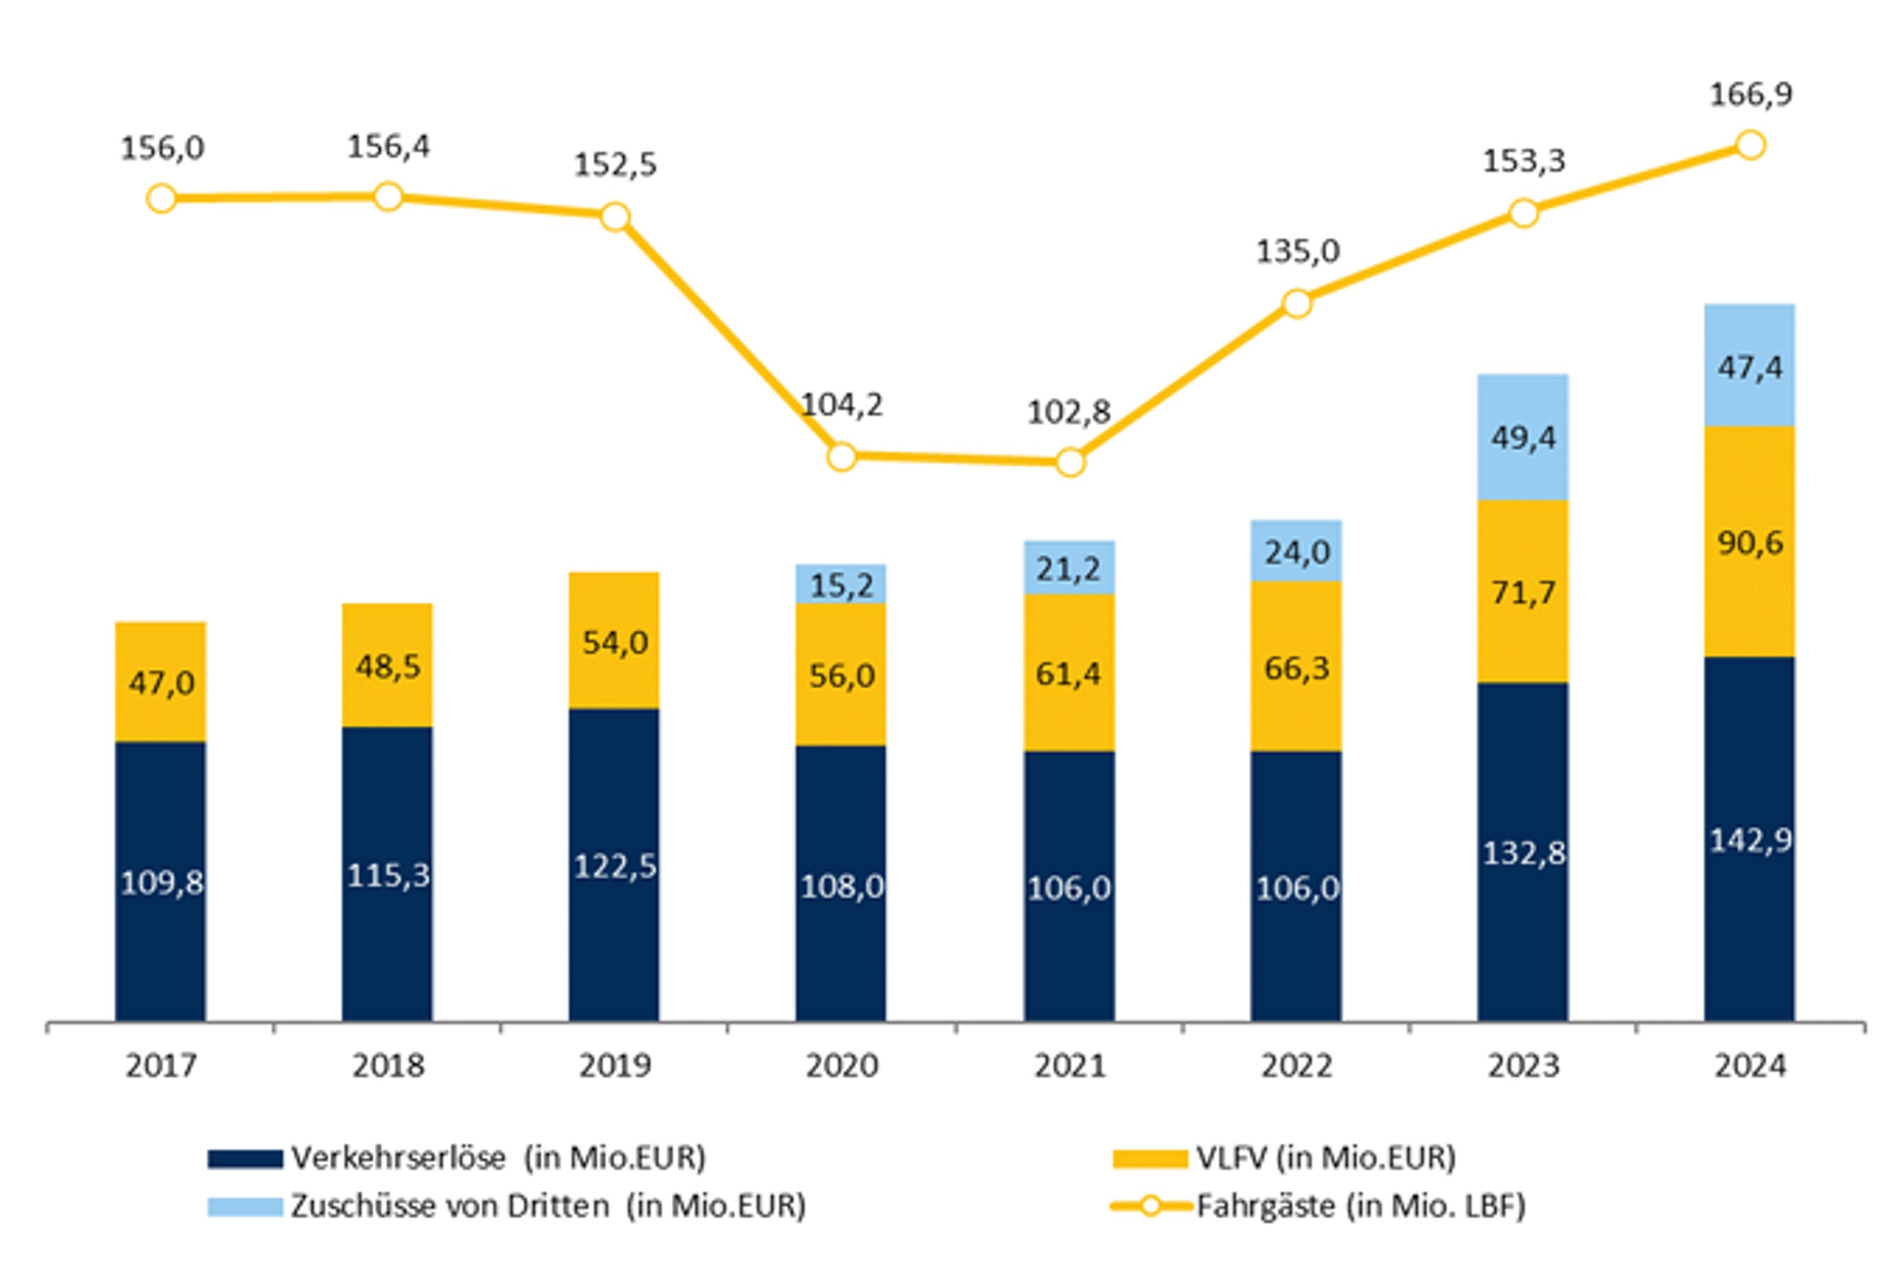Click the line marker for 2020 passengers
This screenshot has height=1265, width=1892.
(842, 457)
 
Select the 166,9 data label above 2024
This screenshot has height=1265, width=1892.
(1751, 94)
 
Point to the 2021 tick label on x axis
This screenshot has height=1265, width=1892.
(1069, 1067)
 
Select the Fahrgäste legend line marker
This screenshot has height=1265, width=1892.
(1150, 1206)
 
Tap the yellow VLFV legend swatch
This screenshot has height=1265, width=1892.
(1149, 1159)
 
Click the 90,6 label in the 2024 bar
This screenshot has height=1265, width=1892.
(1749, 543)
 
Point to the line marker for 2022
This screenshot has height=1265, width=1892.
(1297, 304)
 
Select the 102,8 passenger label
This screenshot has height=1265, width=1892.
(1069, 412)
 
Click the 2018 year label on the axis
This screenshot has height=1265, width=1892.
(388, 1067)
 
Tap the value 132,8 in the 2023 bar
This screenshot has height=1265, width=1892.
(1523, 854)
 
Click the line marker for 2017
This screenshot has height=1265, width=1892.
(161, 199)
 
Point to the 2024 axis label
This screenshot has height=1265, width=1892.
(1750, 1067)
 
